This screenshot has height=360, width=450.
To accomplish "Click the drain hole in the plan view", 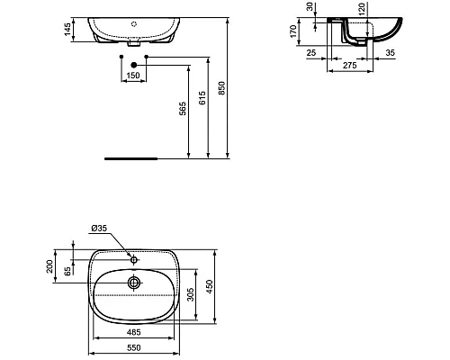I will [x=134, y=283].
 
